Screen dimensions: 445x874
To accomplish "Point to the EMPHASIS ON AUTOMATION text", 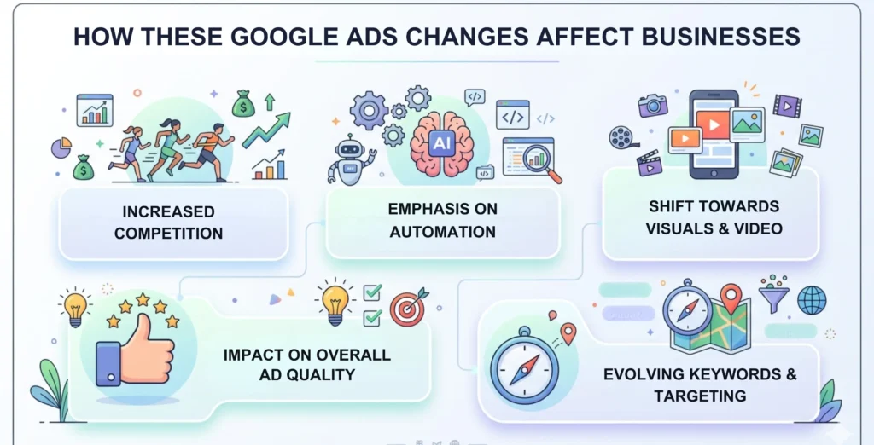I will coord(442,220).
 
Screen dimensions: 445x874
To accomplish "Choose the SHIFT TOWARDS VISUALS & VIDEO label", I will coord(714,217).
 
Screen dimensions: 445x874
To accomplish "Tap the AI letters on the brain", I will coord(441,143).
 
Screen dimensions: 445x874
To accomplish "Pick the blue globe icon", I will coord(811,299).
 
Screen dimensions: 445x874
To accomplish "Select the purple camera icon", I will coord(653,105).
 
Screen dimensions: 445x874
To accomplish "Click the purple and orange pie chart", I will coord(61,148).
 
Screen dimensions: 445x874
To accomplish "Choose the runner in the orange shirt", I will coord(210,149).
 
